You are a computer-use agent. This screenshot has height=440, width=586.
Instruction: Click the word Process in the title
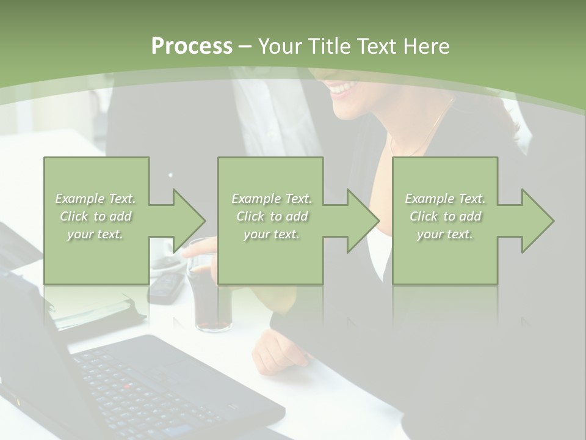tap(192, 46)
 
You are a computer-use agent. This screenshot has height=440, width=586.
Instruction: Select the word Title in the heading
tap(327, 46)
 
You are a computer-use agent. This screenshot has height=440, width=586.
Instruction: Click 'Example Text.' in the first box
tap(95, 199)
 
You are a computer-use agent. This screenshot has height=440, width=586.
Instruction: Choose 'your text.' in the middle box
tap(271, 234)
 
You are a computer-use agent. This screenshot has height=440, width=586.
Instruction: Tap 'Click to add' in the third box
tap(445, 216)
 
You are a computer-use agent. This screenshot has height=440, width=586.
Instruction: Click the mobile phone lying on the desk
tap(166, 287)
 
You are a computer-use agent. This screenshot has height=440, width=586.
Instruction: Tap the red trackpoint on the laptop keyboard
tap(128, 386)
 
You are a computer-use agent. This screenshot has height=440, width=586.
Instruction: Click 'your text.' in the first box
tap(95, 234)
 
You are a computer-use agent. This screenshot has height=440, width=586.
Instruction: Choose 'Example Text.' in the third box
tap(445, 199)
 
